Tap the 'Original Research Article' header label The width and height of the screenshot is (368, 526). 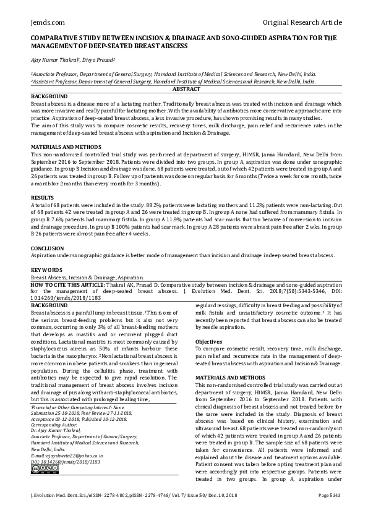tap(302, 22)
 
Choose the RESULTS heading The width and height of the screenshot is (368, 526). tap(44, 197)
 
